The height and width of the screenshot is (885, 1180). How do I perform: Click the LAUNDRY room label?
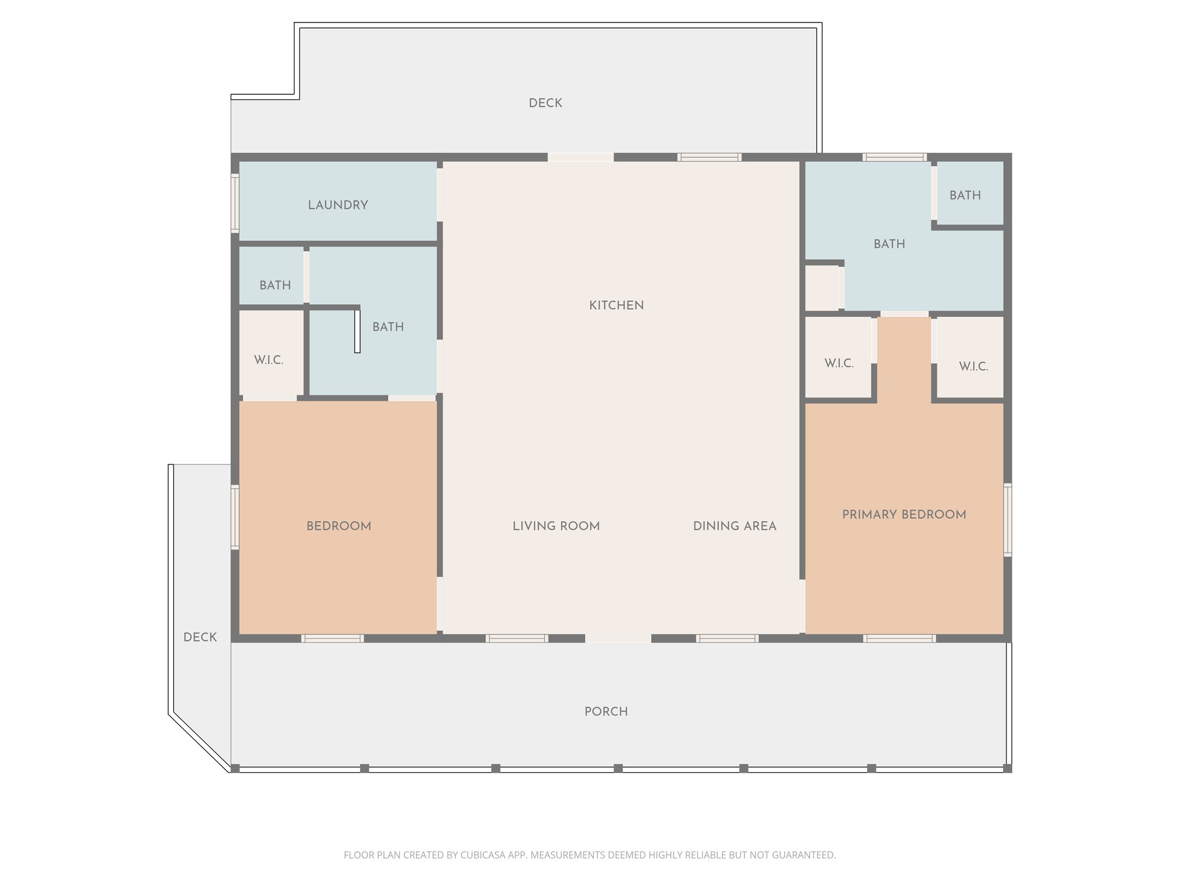click(x=338, y=205)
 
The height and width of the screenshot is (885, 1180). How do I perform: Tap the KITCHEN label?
click(x=616, y=305)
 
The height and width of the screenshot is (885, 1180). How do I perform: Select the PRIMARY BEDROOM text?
click(x=903, y=515)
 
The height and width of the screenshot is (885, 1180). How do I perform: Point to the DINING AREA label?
click(x=734, y=526)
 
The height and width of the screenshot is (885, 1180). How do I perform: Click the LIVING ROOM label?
click(x=556, y=526)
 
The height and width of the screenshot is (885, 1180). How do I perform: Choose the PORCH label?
click(x=606, y=712)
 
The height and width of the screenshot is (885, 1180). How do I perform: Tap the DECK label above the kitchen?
click(x=545, y=103)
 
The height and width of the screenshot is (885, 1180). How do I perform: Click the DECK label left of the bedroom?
click(x=200, y=637)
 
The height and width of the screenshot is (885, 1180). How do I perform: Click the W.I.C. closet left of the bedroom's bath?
click(x=269, y=360)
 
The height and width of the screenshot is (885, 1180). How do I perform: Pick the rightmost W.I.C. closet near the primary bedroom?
click(x=973, y=366)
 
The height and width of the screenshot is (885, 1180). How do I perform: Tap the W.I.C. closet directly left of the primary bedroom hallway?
click(x=838, y=364)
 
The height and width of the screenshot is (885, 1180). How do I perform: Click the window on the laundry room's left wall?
click(x=235, y=203)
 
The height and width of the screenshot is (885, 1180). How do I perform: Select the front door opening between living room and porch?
click(x=618, y=638)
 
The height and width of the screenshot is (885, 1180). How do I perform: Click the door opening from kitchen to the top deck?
click(x=580, y=157)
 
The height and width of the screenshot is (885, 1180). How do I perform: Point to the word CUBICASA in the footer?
click(x=482, y=855)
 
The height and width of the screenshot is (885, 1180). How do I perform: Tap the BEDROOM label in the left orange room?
click(x=338, y=526)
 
